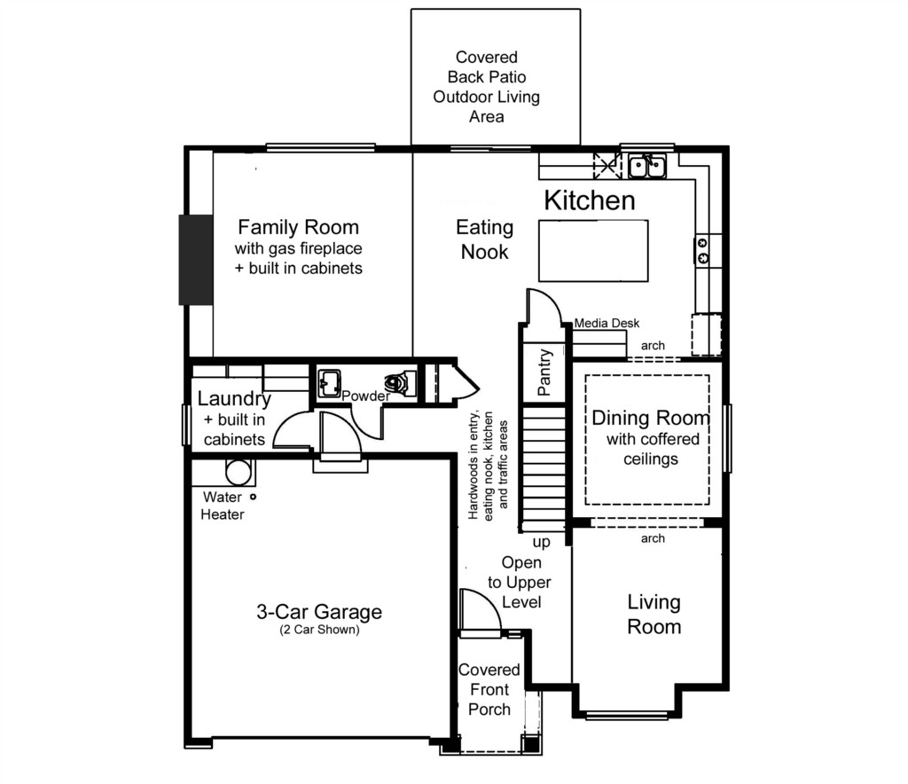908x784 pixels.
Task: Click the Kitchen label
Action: tap(590, 200)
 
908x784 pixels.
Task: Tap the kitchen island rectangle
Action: tap(593, 251)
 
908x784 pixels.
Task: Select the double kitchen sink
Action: tap(647, 166)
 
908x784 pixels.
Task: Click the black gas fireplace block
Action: tap(196, 259)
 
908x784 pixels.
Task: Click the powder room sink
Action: tap(329, 383)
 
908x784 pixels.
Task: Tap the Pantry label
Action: tap(544, 372)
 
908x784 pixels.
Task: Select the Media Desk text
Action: tap(607, 323)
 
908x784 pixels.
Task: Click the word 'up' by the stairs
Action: tap(542, 543)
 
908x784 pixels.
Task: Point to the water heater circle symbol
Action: tap(238, 473)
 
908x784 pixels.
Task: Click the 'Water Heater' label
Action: tap(223, 506)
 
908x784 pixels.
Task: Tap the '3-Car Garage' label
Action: tap(319, 611)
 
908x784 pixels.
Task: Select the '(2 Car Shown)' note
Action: tap(319, 630)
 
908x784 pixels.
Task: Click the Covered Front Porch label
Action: tap(489, 690)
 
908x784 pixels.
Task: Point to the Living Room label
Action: tap(654, 615)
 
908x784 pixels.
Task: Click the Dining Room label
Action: tap(650, 418)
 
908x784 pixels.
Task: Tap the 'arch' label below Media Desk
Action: tap(653, 346)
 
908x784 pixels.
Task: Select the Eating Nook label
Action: tap(485, 239)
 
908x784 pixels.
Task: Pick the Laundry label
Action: tap(234, 398)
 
